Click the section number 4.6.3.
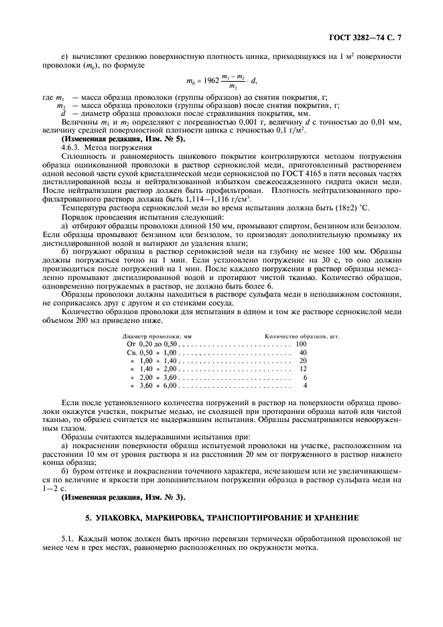[72, 147]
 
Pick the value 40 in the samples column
[302, 352]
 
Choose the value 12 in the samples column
[302, 368]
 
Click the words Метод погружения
[116, 147]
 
